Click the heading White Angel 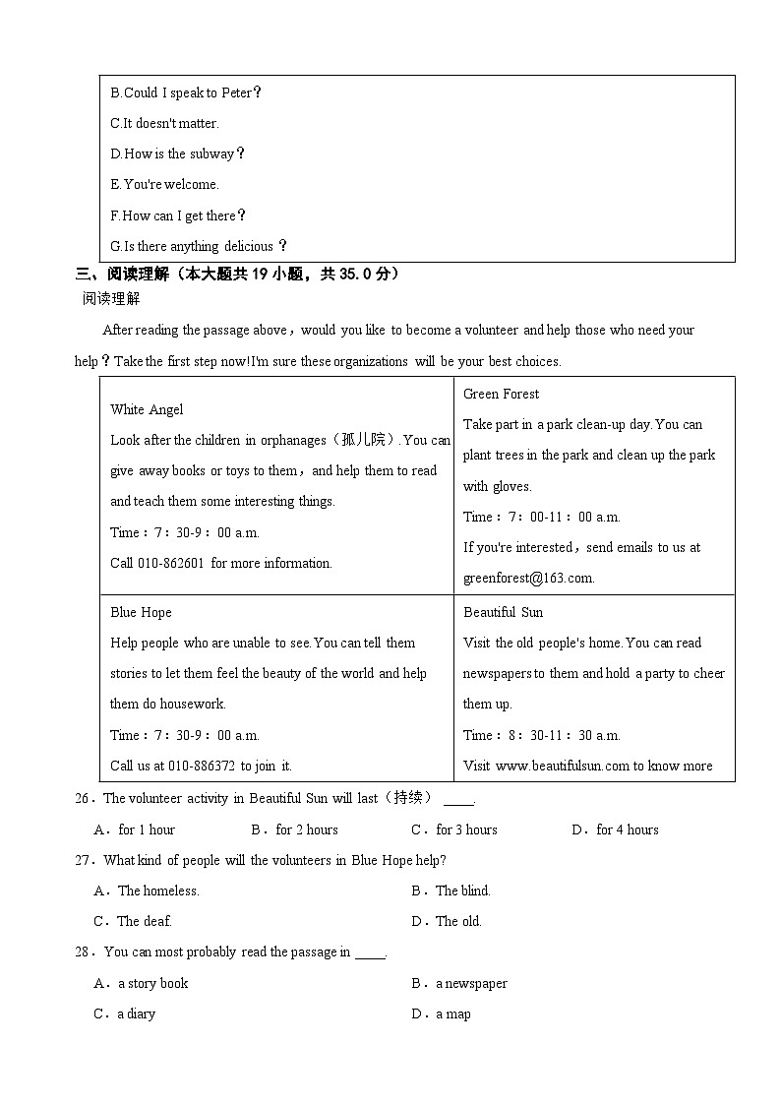click(147, 409)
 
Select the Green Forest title click(501, 394)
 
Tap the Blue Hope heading click(141, 612)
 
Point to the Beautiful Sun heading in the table click(503, 612)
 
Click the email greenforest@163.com click(528, 578)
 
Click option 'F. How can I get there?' click(178, 215)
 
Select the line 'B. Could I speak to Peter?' click(186, 92)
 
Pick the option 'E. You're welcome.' click(164, 184)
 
